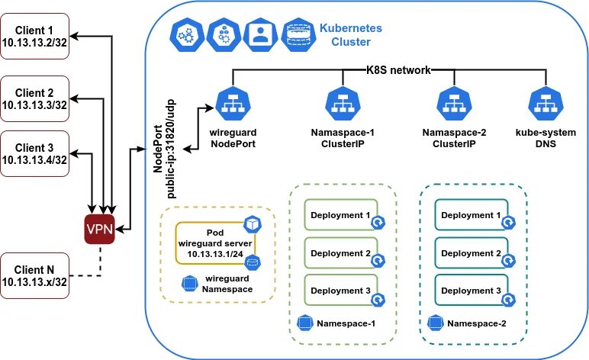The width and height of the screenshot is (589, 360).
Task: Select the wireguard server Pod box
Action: click(214, 242)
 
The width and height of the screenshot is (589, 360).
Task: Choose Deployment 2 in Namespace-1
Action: click(341, 253)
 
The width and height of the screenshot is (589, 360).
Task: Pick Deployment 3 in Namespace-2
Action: click(472, 291)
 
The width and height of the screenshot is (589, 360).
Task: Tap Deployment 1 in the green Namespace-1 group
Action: click(341, 215)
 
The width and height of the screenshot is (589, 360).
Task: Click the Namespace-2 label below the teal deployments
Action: click(477, 323)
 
